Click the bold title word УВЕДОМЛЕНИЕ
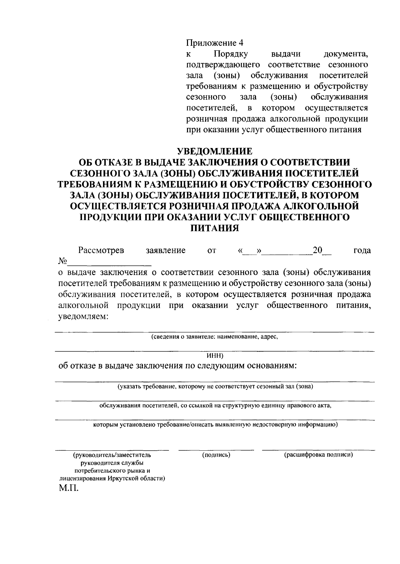(x=214, y=151)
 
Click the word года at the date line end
(x=362, y=250)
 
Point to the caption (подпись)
(x=216, y=455)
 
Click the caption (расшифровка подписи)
(x=318, y=455)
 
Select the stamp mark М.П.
(x=68, y=489)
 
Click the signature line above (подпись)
(x=216, y=450)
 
